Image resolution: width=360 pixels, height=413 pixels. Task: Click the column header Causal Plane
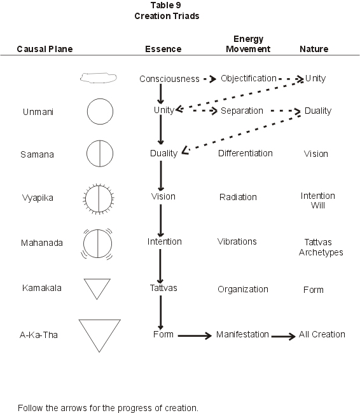tap(45, 49)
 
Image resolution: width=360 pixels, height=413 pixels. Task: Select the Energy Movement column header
tap(248, 44)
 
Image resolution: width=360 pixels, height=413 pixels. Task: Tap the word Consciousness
tap(169, 79)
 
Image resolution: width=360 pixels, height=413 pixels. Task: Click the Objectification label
tap(249, 78)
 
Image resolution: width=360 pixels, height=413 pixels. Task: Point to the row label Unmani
tap(38, 112)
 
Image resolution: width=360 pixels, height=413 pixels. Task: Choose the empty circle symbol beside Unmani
tap(87, 111)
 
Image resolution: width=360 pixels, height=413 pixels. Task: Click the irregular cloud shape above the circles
tap(98, 74)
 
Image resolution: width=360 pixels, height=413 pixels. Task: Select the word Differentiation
tap(246, 153)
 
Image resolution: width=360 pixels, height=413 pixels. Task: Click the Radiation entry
tap(238, 197)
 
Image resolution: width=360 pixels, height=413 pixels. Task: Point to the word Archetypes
tap(321, 252)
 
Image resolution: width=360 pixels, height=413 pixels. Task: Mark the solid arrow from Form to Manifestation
tap(195, 335)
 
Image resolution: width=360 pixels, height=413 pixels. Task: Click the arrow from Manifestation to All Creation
tap(284, 336)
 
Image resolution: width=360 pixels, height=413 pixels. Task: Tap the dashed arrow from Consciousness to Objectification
tap(210, 79)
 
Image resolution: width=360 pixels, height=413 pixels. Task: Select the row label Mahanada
tap(42, 243)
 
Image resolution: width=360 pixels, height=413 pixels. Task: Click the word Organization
tap(242, 289)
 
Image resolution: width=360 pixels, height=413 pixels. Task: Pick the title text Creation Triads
tap(167, 16)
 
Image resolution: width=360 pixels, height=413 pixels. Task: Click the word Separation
tap(242, 111)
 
